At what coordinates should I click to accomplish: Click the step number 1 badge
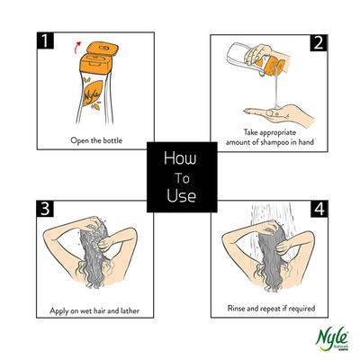42,43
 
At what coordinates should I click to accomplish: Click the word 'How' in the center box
180,157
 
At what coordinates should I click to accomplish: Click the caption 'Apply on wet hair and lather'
94,311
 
